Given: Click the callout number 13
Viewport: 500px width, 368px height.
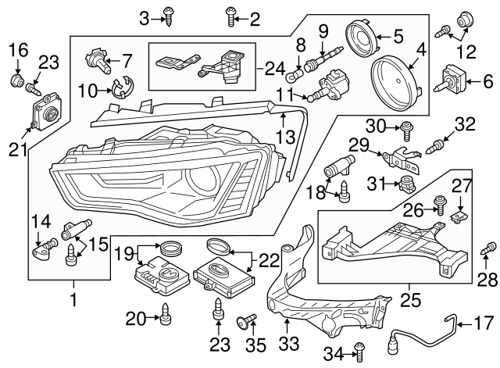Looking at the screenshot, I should (x=286, y=138).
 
